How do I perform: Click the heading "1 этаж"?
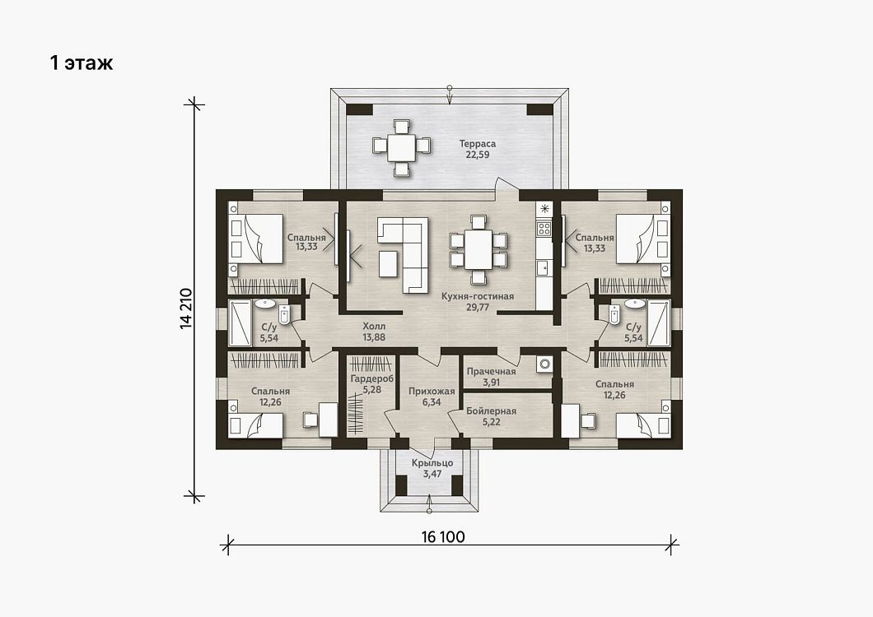point(82,63)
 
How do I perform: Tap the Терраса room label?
point(477,143)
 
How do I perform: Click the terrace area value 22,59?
point(477,155)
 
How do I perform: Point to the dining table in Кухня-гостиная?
point(479,250)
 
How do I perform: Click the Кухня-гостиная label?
point(478,296)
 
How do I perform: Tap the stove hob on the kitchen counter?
point(544,228)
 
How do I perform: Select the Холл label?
point(374,326)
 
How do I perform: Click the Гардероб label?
point(372,378)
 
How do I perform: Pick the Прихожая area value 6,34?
point(432,401)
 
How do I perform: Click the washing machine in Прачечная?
point(544,364)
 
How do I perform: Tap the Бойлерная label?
point(491,411)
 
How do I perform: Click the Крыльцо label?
point(432,463)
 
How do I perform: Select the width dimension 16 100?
point(443,537)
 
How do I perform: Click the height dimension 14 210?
point(186,308)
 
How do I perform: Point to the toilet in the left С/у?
point(284,315)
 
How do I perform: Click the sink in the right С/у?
point(635,304)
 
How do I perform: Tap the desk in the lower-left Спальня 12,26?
point(328,420)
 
